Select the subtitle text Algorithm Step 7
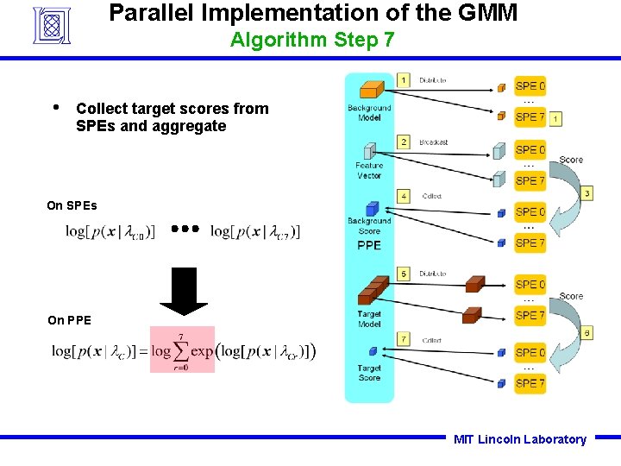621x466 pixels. point(312,40)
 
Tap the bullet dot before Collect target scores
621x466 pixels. point(56,108)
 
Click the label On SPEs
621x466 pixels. point(72,205)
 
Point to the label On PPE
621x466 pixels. point(69,320)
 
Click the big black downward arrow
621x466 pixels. point(184,289)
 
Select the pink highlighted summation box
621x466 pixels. point(182,349)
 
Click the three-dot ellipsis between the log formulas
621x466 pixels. point(185,230)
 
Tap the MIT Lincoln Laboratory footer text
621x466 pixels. point(519,439)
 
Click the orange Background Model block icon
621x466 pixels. point(371,90)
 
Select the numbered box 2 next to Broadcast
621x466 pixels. point(404,142)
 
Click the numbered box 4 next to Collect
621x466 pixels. point(404,196)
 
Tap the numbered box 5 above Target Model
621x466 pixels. point(404,274)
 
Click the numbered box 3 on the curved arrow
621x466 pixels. point(586,193)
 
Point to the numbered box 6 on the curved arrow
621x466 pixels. point(586,332)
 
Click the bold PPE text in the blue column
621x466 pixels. point(369,245)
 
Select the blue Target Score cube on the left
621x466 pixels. point(372,351)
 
